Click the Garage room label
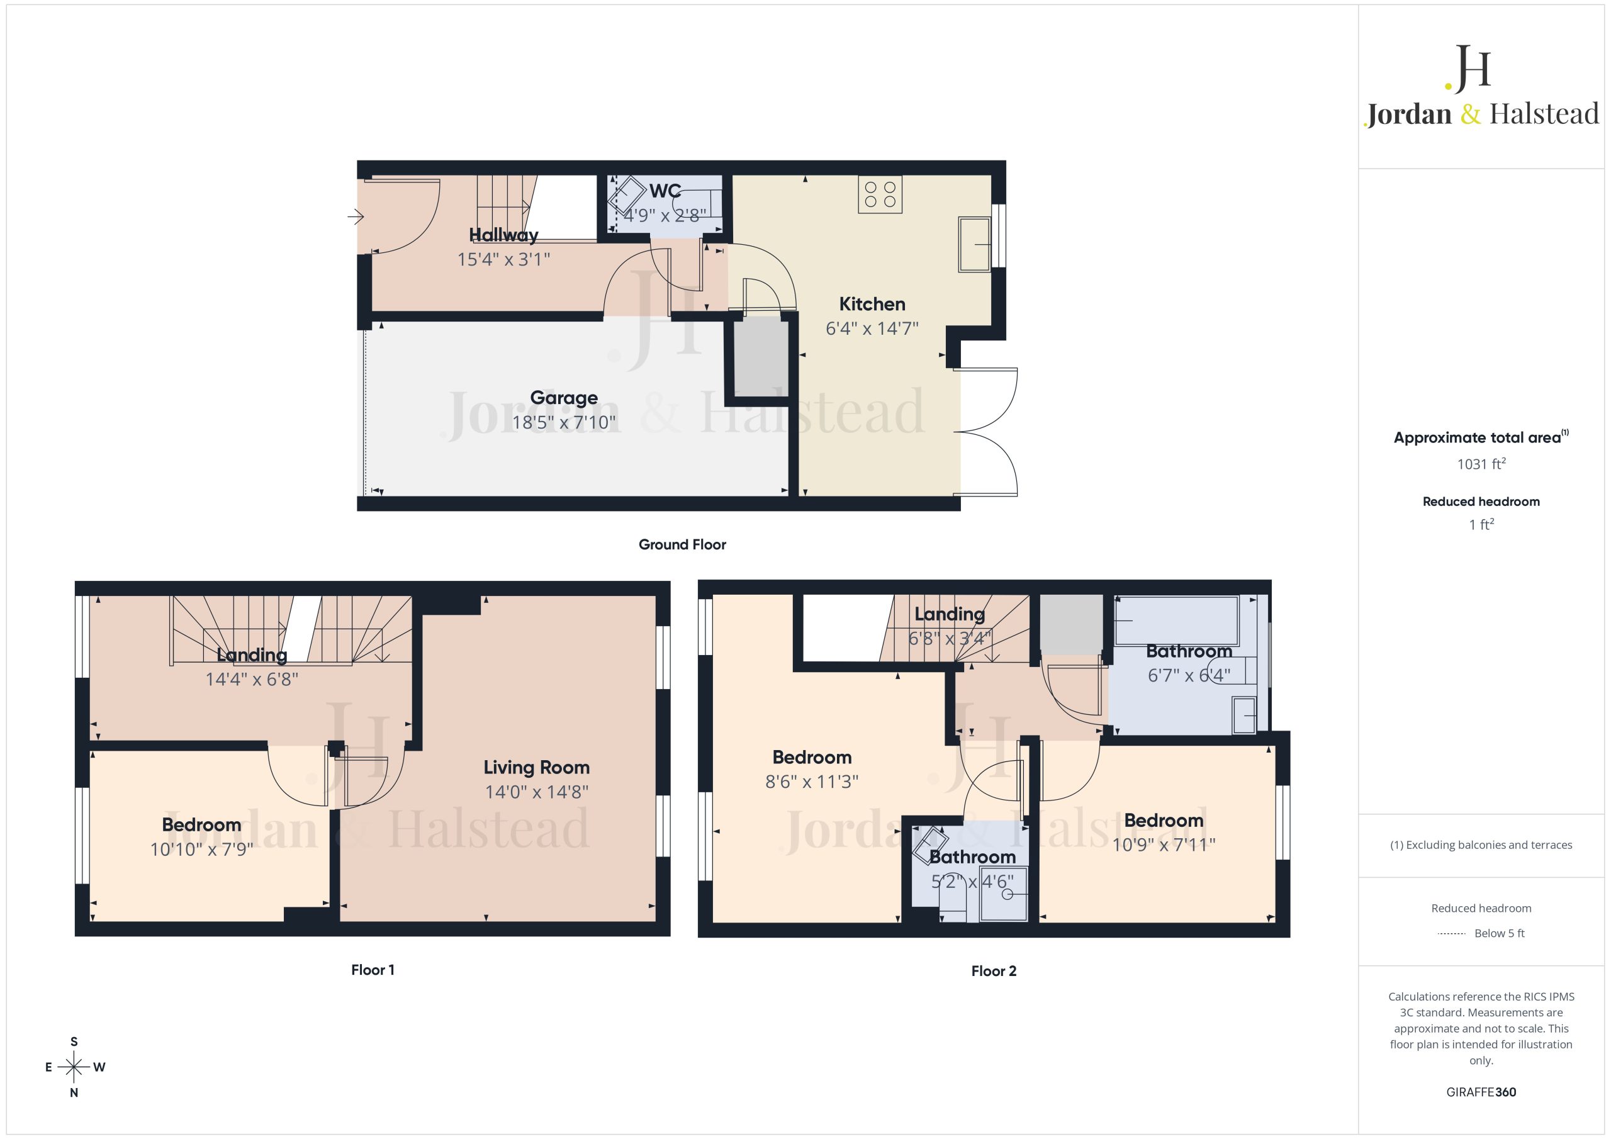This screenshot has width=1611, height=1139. (x=563, y=398)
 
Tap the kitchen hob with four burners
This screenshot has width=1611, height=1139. (x=880, y=194)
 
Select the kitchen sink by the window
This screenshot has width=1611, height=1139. (x=974, y=244)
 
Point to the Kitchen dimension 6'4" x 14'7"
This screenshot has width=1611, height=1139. (x=872, y=328)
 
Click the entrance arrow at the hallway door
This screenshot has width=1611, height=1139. (x=356, y=218)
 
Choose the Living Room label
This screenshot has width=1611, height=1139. (x=536, y=768)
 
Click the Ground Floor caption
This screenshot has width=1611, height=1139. (x=682, y=544)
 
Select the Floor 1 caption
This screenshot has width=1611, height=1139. (x=373, y=970)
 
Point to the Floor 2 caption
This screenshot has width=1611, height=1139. (x=994, y=971)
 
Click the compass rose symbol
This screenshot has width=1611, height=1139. (x=74, y=1067)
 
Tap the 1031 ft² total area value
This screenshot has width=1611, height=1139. (x=1481, y=464)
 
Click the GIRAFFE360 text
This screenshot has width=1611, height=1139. (x=1481, y=1092)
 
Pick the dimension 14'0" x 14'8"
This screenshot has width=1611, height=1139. (x=536, y=792)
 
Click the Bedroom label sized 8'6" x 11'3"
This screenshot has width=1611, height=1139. (x=812, y=757)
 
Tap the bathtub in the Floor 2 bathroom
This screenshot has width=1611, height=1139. (x=1177, y=621)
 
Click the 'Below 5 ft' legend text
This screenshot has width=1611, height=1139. (x=1500, y=933)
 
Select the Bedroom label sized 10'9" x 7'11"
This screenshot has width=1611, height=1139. (x=1164, y=821)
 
